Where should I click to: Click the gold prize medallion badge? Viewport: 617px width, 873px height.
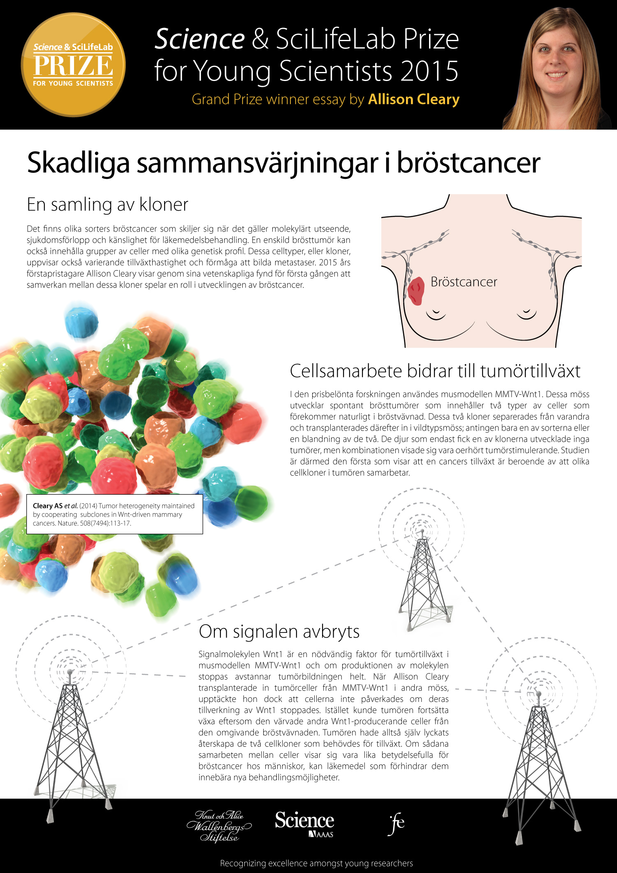(73, 65)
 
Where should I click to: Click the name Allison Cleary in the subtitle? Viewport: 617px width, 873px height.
(413, 100)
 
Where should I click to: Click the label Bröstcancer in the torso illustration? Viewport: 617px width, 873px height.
(464, 282)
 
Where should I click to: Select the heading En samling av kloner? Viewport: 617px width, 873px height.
(107, 204)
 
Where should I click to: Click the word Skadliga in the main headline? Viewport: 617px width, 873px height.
(78, 163)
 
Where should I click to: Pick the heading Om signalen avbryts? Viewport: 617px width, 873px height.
(279, 631)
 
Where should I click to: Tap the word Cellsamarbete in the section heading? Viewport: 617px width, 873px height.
(346, 371)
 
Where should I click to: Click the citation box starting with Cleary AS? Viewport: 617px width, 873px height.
(114, 514)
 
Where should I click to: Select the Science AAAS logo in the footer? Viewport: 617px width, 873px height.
(304, 824)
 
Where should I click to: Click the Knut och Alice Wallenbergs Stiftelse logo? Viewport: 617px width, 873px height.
(219, 826)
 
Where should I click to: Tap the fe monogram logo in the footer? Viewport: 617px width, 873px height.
(397, 824)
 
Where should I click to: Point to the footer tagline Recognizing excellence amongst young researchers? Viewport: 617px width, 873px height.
(316, 863)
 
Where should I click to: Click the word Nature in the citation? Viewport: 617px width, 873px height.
(68, 523)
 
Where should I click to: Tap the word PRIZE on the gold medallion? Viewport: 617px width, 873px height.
(73, 66)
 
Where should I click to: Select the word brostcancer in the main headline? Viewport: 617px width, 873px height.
(468, 163)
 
